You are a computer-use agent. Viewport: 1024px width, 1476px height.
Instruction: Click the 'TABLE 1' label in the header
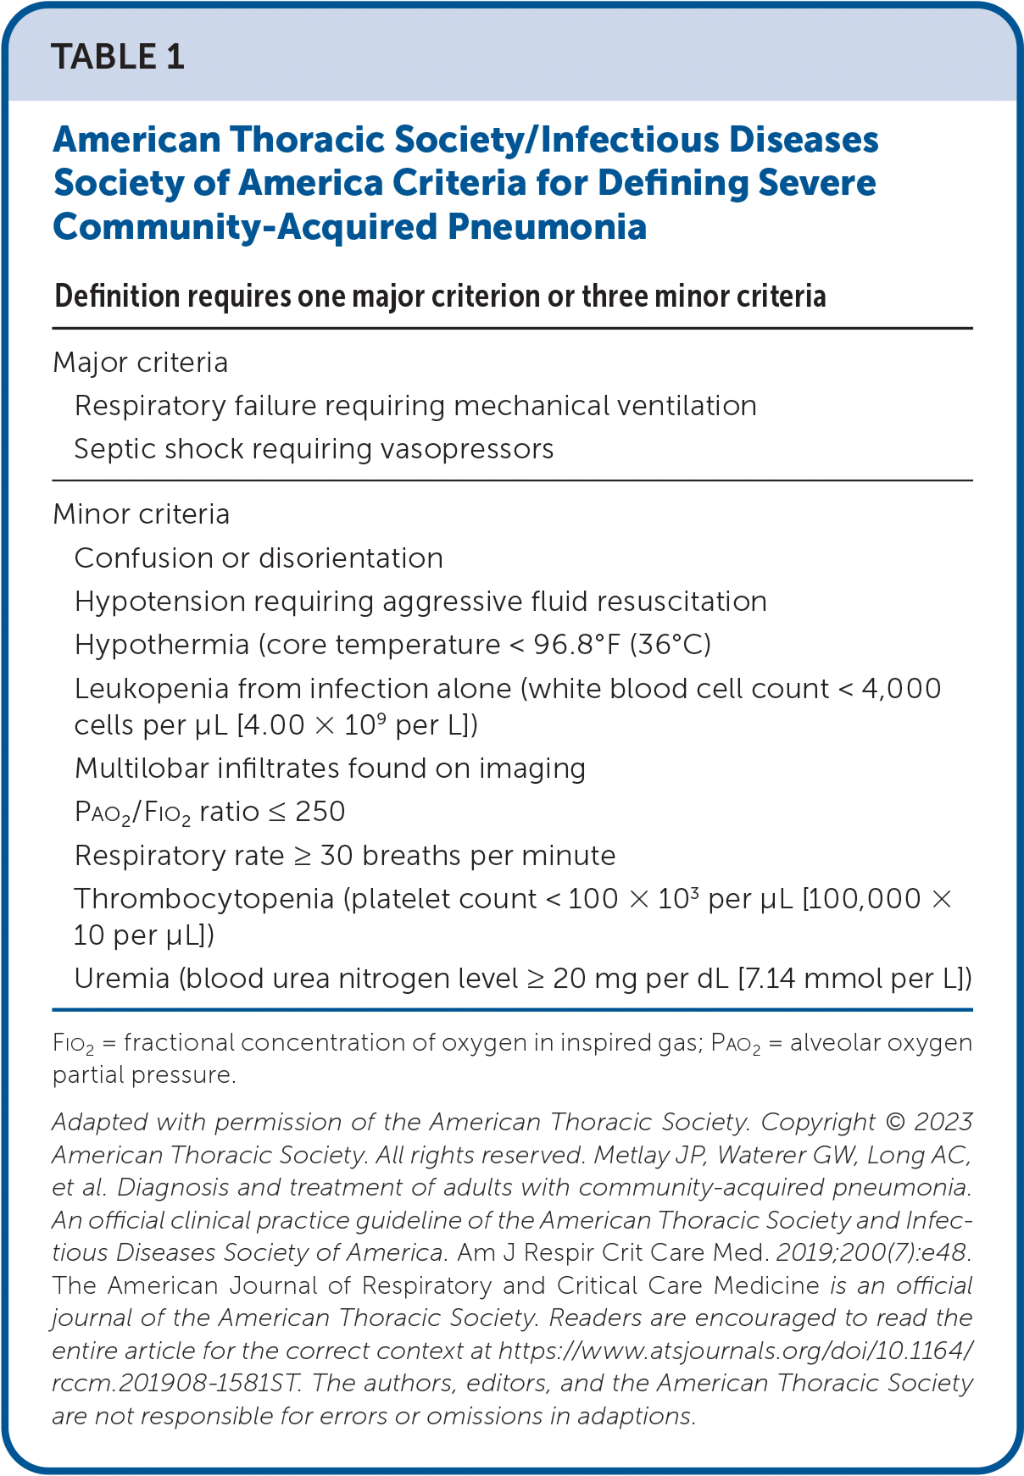[118, 58]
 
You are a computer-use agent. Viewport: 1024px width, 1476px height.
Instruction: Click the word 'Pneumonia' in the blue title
[547, 227]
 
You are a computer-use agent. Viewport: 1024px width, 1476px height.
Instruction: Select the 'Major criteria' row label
[140, 363]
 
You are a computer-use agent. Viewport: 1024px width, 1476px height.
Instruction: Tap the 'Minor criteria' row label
[141, 514]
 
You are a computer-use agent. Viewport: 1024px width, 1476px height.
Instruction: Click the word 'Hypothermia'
[161, 645]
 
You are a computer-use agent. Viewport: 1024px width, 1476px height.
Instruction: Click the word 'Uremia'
[121, 979]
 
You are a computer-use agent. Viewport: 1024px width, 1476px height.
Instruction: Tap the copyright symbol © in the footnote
[894, 1122]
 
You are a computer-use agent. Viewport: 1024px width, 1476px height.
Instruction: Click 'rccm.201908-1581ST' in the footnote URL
[176, 1383]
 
